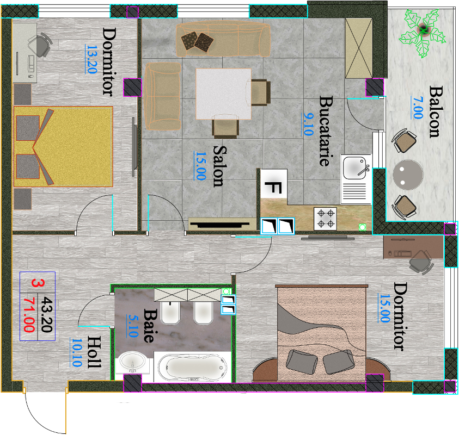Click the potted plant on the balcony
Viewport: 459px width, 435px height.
coord(423,32)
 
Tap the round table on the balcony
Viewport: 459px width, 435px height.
coord(408,175)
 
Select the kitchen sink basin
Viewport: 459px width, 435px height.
coord(354,167)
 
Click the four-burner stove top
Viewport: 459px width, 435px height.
coord(325,219)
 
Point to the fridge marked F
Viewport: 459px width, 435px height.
coord(273,184)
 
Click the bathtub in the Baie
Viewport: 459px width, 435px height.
coord(192,367)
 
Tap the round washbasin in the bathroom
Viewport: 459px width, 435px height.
coord(132,362)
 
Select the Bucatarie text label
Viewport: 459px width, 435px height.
coord(326,131)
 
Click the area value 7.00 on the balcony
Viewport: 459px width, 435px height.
coord(418,107)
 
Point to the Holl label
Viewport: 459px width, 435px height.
coord(94,352)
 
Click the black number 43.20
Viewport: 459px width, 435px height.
coord(46,314)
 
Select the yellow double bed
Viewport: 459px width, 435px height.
coord(63,146)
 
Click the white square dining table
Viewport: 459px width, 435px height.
coord(223,94)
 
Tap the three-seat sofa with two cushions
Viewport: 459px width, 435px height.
coord(223,40)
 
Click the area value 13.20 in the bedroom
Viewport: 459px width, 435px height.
coord(91,59)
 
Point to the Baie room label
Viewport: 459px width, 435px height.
coord(150,326)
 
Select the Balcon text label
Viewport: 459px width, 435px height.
coord(436,111)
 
